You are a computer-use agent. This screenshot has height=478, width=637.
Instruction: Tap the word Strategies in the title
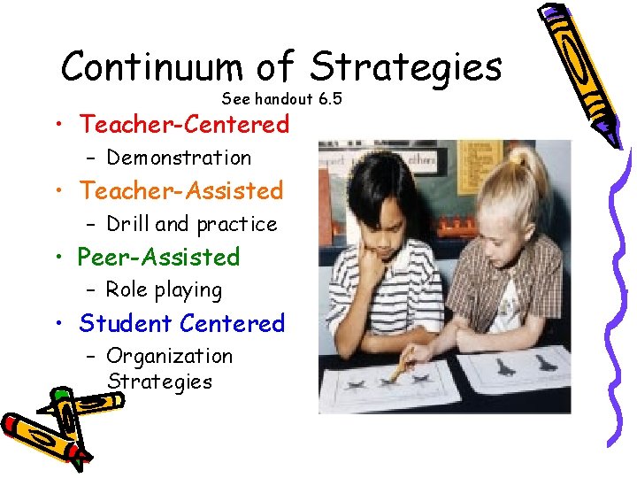coord(406,66)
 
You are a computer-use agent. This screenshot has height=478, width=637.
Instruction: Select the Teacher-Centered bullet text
coord(184,125)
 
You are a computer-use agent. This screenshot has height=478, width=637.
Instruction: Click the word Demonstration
coord(179,158)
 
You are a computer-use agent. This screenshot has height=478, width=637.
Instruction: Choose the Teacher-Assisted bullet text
coord(180,190)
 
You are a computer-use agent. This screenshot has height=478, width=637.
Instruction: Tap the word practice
coord(237,225)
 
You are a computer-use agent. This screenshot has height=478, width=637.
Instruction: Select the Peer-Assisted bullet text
coord(159,257)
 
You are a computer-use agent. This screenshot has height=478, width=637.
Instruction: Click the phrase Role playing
coord(164,289)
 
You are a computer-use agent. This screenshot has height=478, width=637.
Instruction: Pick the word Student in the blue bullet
coord(126,323)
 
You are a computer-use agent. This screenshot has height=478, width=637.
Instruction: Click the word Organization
coord(169,356)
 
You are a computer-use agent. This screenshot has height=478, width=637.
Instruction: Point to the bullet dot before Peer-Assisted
coord(58,258)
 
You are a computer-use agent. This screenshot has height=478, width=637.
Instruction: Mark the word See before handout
coord(235,98)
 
